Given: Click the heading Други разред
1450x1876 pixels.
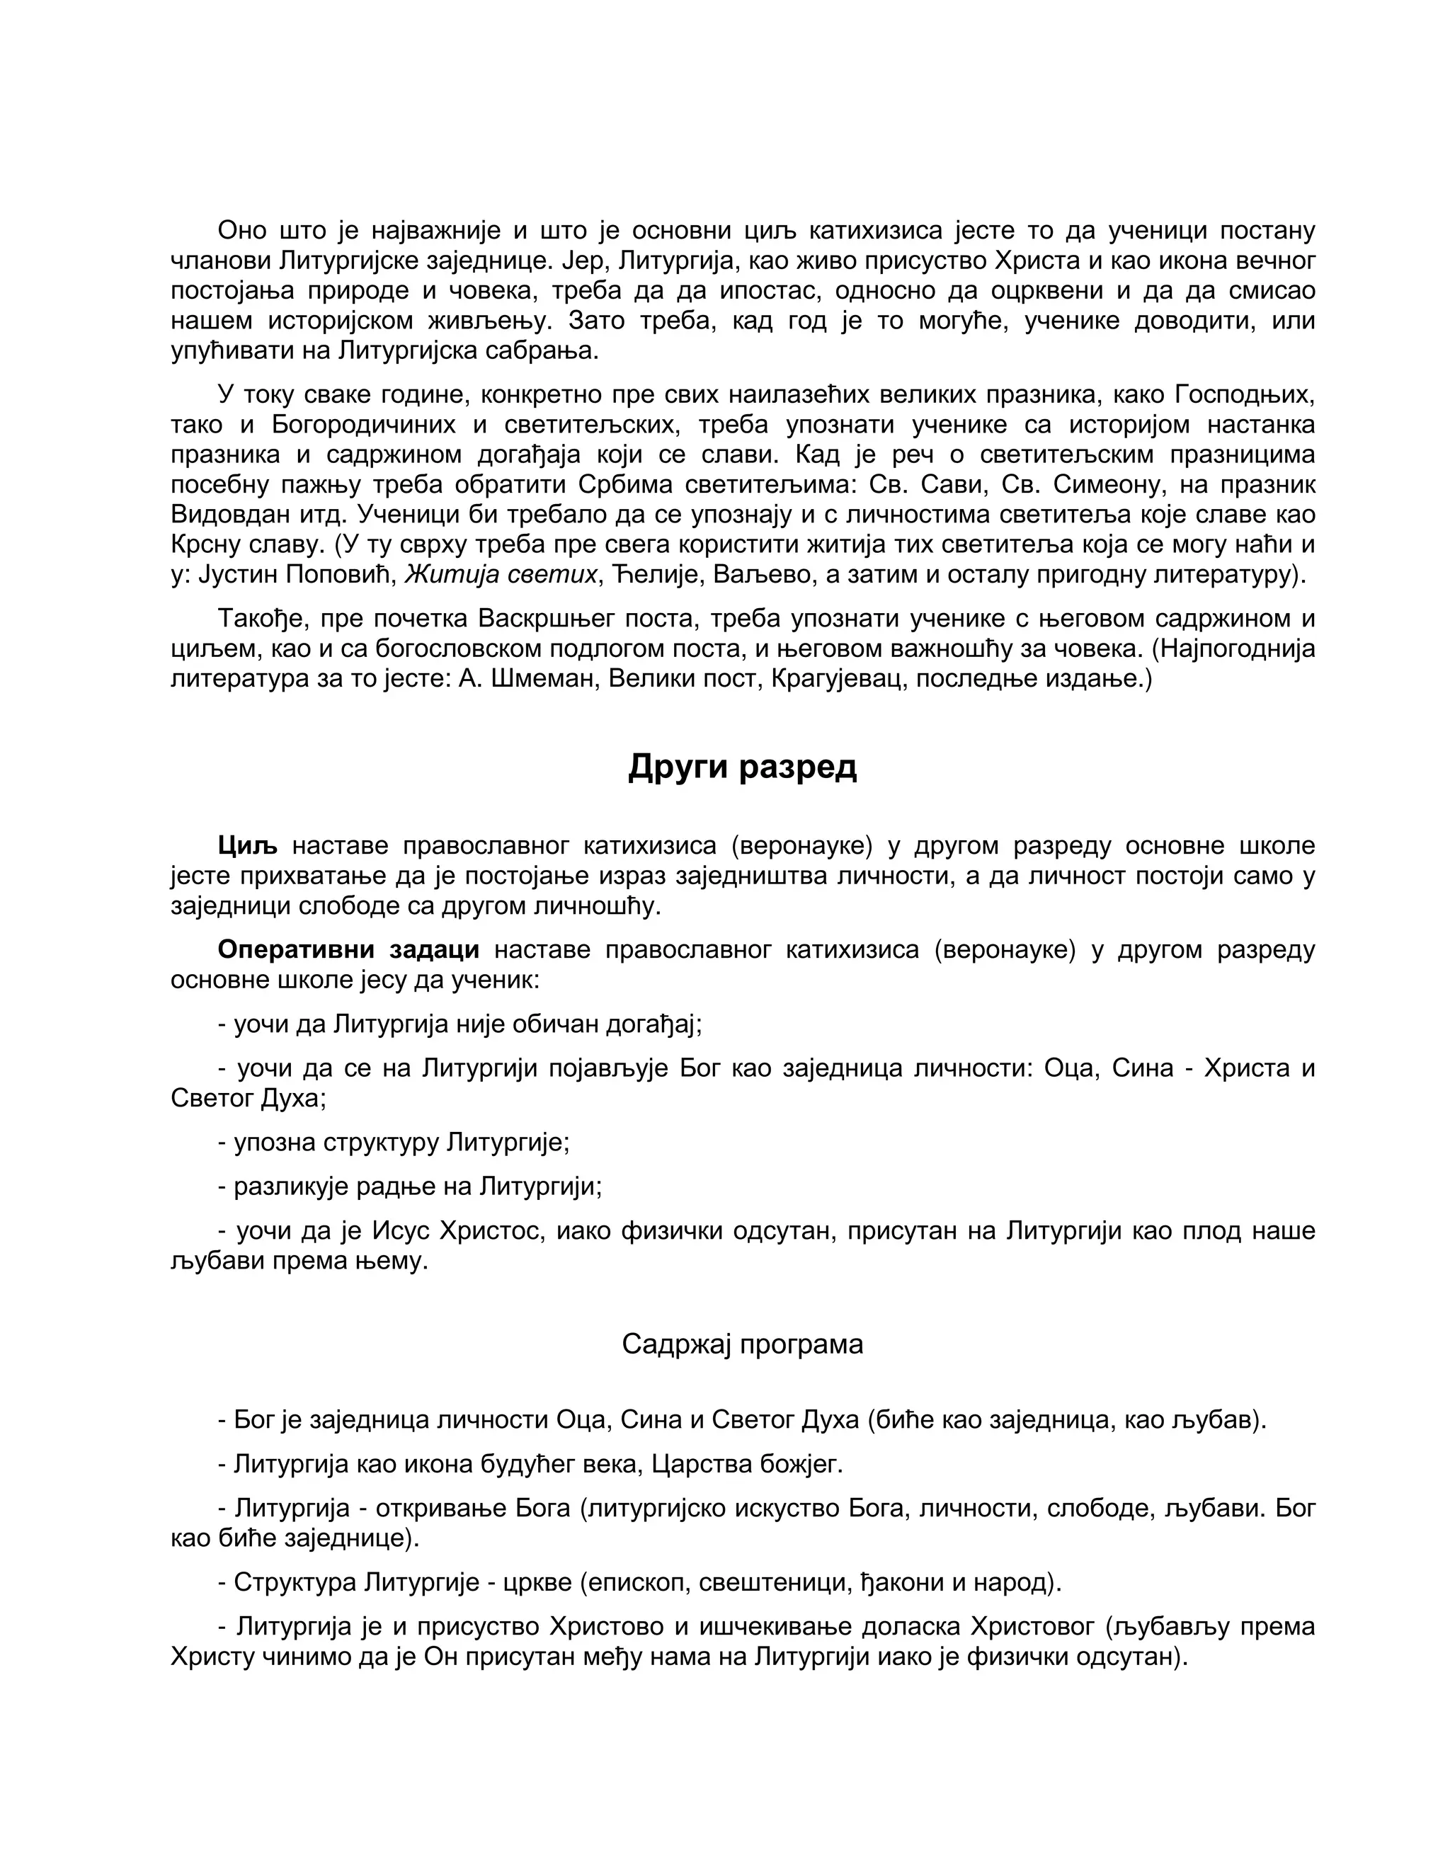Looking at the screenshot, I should pos(741,766).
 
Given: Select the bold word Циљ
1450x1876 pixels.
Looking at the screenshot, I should pos(246,846).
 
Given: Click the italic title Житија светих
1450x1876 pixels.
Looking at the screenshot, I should pos(500,575).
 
